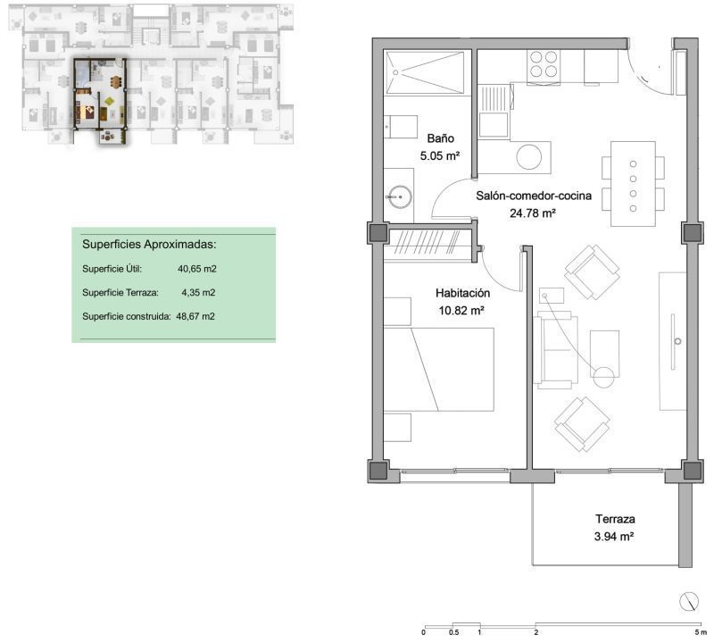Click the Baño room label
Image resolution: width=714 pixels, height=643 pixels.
pyautogui.click(x=440, y=138)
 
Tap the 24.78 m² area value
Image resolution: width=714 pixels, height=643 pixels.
pyautogui.click(x=532, y=213)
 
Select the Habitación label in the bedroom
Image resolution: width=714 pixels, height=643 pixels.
pyautogui.click(x=462, y=293)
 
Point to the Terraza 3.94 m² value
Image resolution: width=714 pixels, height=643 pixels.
pyautogui.click(x=614, y=537)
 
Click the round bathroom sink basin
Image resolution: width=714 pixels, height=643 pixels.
pyautogui.click(x=400, y=196)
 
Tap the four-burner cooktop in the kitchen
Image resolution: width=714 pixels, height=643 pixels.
pyautogui.click(x=544, y=64)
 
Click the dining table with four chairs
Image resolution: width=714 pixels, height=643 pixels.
pyautogui.click(x=633, y=184)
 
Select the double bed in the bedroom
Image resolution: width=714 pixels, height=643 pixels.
pyautogui.click(x=438, y=369)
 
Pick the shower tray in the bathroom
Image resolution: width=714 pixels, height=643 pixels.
pyautogui.click(x=425, y=72)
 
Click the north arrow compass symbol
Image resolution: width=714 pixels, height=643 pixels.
pyautogui.click(x=688, y=602)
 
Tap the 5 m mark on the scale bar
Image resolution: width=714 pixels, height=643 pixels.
pyautogui.click(x=701, y=631)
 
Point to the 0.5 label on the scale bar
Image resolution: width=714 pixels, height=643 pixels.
pyautogui.click(x=453, y=632)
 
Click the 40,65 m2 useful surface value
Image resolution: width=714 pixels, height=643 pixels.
pyautogui.click(x=197, y=269)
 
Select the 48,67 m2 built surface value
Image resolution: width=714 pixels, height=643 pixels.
pyautogui.click(x=195, y=316)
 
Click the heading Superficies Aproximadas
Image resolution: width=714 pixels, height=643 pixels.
pyautogui.click(x=149, y=245)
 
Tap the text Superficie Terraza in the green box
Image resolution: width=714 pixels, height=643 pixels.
pyautogui.click(x=120, y=293)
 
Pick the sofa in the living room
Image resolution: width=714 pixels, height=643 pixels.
pyautogui.click(x=555, y=350)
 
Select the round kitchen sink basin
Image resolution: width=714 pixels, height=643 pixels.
pyautogui.click(x=529, y=157)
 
